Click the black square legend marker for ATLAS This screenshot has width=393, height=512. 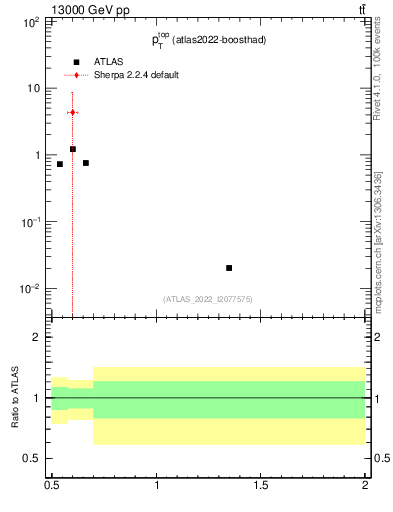[x=76, y=62]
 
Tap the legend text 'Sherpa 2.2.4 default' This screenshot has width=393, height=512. [x=136, y=75]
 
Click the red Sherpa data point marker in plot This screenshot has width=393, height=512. [x=72, y=113]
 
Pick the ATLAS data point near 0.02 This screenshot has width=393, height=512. [x=229, y=268]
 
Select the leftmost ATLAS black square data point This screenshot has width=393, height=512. [x=60, y=164]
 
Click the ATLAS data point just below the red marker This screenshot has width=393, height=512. [x=73, y=149]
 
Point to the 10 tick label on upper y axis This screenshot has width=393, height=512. [x=33, y=88]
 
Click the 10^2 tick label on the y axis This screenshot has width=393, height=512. [x=30, y=20]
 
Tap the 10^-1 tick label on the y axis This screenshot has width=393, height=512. [x=29, y=222]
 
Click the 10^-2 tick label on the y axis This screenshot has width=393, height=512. [x=29, y=289]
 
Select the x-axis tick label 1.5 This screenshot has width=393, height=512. [x=261, y=487]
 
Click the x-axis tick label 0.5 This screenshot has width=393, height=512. [x=52, y=487]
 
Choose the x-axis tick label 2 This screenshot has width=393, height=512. [x=365, y=487]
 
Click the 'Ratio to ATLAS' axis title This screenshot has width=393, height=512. [x=14, y=397]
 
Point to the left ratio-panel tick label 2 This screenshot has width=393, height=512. [x=36, y=338]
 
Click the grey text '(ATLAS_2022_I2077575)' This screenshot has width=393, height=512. [x=207, y=299]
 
